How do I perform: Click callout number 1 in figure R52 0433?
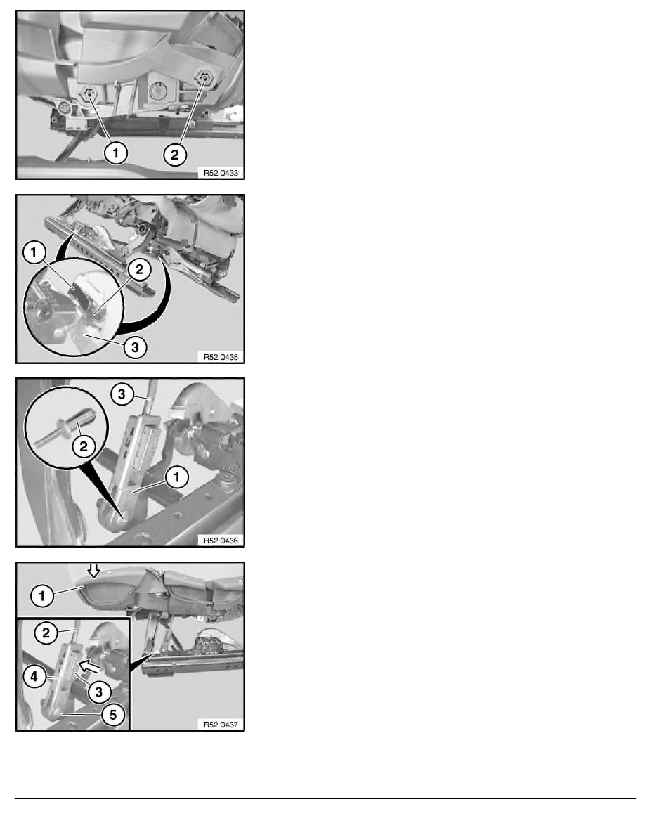point(115,153)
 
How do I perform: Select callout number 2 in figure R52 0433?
point(175,155)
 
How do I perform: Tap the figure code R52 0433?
point(221,172)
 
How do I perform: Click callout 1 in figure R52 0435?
point(34,252)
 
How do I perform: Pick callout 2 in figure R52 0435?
point(139,269)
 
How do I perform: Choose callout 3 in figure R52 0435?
point(135,348)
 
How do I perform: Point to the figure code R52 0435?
point(221,357)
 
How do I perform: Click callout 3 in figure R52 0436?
point(122,394)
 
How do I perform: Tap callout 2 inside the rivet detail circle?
point(84,446)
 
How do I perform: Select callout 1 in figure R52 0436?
point(177,477)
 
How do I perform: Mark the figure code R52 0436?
point(221,541)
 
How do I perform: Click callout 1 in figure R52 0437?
point(42,595)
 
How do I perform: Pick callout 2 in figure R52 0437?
point(46,633)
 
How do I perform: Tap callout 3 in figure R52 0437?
point(99,692)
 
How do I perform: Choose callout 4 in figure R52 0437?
point(34,676)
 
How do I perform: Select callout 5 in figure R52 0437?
point(113,714)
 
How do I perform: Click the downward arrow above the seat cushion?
point(93,571)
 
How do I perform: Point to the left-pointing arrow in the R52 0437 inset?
point(89,666)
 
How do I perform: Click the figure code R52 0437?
point(221,724)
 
